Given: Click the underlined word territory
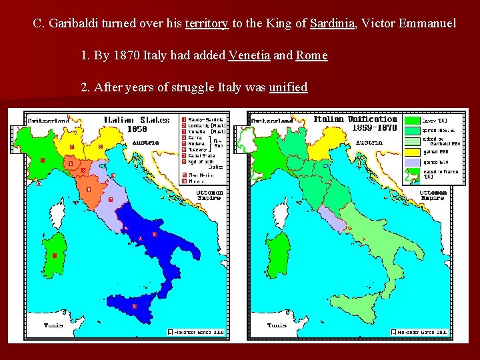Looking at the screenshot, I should [206, 24].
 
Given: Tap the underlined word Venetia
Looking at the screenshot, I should [249, 55].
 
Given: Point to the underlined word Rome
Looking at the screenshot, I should [311, 55].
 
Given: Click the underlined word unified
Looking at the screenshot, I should [288, 87].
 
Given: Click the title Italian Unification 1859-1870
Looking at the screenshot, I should [355, 123].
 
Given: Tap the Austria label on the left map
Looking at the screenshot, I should [145, 142].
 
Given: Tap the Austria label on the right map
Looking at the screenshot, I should [369, 142].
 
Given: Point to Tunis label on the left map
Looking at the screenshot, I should [53, 325].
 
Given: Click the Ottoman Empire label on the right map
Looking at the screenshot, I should [433, 195].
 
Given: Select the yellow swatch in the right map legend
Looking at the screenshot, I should [413, 151].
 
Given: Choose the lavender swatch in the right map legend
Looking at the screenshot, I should [413, 162].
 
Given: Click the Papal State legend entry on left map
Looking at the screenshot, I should [200, 156].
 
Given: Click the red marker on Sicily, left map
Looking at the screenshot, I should [135, 305].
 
